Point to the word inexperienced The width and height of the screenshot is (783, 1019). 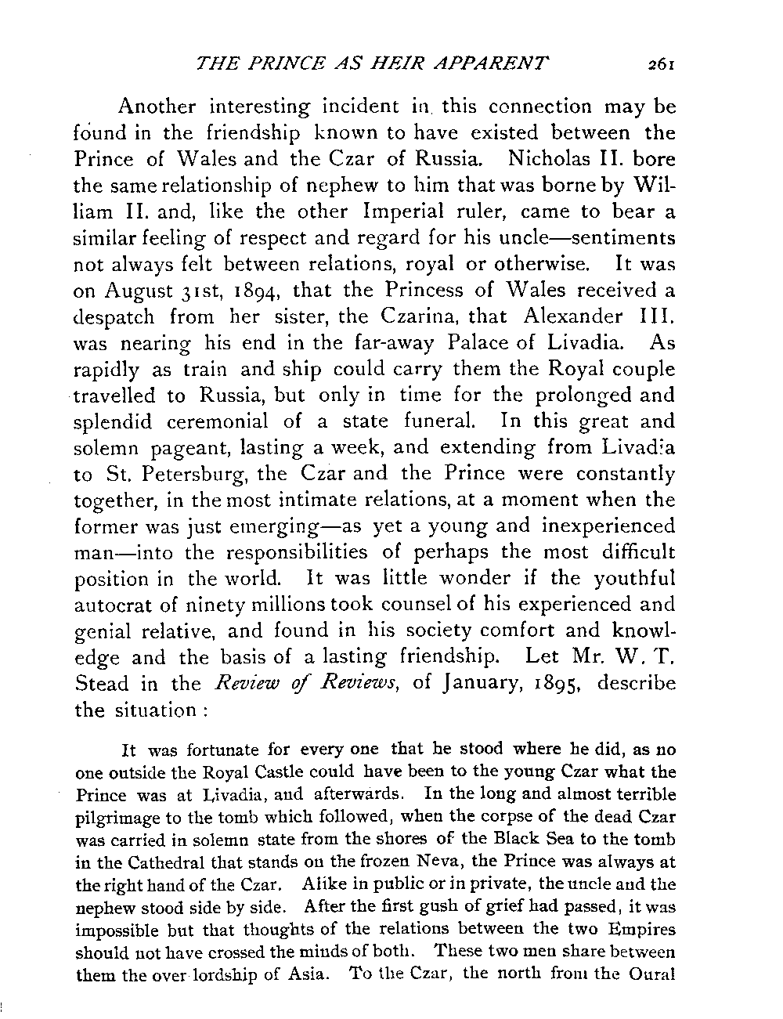608,527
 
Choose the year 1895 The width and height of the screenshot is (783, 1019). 555,684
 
